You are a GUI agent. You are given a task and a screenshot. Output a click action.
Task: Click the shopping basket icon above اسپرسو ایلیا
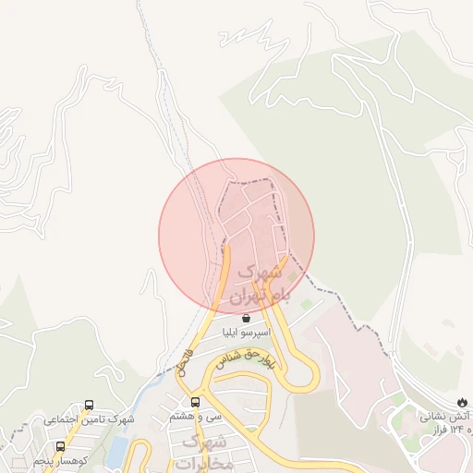point(245,318)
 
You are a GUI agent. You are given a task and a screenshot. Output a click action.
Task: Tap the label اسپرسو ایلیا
point(245,332)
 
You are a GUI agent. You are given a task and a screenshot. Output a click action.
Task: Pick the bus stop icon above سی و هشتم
point(195,402)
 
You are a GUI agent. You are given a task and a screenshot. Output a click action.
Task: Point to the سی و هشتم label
point(195,417)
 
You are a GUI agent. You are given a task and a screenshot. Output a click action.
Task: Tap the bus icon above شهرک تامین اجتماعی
point(90,405)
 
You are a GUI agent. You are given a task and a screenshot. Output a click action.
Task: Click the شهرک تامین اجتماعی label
point(89,419)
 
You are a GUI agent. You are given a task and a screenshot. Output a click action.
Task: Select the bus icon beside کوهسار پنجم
point(61,446)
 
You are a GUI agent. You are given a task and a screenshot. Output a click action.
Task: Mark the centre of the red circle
point(236,236)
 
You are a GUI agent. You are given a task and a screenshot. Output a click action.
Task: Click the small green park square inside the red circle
point(293,275)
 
